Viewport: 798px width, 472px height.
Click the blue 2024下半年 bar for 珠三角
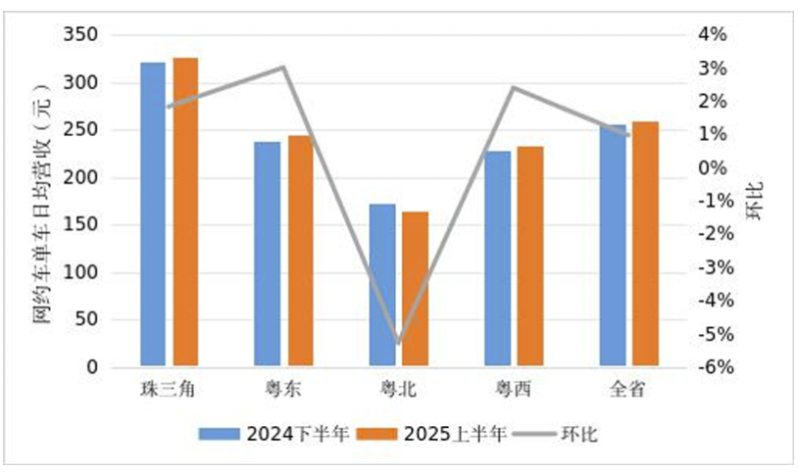coord(153,215)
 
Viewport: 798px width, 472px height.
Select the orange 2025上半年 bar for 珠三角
coord(186,213)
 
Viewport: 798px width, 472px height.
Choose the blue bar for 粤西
coord(497,259)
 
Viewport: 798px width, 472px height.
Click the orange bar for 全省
coord(645,244)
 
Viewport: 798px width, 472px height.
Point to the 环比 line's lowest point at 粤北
coord(399,343)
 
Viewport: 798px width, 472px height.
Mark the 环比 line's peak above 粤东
coord(283,68)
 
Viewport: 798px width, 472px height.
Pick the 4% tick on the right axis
coord(714,36)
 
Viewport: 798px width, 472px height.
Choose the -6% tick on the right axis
coord(714,368)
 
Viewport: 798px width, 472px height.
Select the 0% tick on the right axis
coord(714,169)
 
